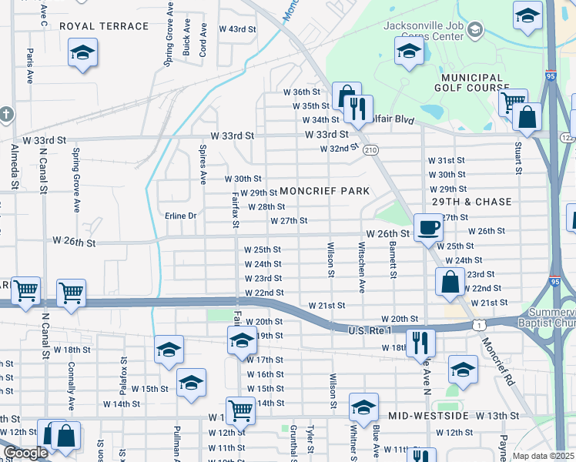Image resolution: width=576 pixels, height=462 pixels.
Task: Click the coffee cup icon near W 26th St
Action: tap(428, 227)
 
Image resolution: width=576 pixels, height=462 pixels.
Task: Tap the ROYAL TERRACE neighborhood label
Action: tap(104, 26)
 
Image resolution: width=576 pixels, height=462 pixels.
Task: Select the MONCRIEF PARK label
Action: tap(325, 190)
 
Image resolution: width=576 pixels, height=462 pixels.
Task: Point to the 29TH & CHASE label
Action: tap(471, 202)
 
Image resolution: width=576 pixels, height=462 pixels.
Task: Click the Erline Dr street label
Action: tap(181, 216)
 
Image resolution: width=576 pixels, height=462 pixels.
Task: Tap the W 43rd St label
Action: tap(236, 28)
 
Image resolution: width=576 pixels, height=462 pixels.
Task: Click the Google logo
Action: tap(25, 453)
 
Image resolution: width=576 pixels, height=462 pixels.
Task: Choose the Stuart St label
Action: tap(519, 157)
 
